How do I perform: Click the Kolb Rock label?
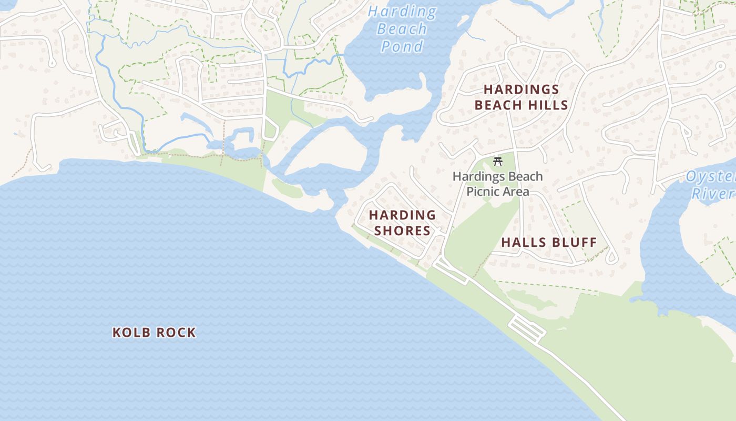pyautogui.click(x=154, y=332)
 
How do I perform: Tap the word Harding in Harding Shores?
pyautogui.click(x=402, y=215)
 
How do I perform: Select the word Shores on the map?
pyautogui.click(x=402, y=230)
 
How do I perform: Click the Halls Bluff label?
pyautogui.click(x=549, y=243)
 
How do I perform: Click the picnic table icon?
pyautogui.click(x=498, y=162)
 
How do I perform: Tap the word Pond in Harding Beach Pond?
pyautogui.click(x=402, y=46)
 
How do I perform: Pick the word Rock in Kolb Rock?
pyautogui.click(x=175, y=332)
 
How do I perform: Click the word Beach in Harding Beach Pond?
pyautogui.click(x=402, y=29)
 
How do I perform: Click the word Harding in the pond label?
pyautogui.click(x=402, y=11)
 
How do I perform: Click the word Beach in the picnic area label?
pyautogui.click(x=522, y=176)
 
